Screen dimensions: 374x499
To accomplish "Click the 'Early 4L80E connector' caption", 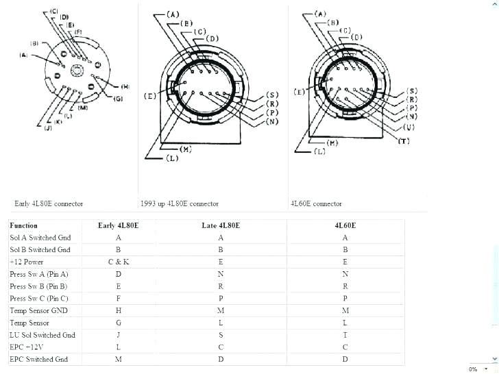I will coord(49,203).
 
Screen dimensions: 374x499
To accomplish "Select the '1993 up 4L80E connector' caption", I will coord(180,203).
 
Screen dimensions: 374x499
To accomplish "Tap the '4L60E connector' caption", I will coord(316,203).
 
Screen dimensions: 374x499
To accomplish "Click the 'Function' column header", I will coord(24,225).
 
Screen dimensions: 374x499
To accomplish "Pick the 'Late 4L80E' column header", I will coord(220,225).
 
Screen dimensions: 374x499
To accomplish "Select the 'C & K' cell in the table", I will coord(119,262).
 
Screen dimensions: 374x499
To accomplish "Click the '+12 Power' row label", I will coord(27,262).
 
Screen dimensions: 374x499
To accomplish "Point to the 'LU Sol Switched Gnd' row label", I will coord(42,335).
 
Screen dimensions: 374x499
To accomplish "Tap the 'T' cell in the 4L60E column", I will coord(345,335).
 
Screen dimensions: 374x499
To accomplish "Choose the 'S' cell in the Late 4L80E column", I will coord(220,335).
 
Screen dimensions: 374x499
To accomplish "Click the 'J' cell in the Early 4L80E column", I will coord(119,335).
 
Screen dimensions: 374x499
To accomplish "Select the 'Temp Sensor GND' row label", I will coord(38,310).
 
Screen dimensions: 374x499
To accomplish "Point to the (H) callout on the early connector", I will coord(125,86).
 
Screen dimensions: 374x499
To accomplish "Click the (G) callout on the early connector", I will coord(118,99).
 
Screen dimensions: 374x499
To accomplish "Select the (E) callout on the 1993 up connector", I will coord(149,97).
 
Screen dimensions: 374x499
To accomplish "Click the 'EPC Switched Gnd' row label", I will coord(38,360).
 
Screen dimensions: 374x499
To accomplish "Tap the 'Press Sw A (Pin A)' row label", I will coord(39,274).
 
